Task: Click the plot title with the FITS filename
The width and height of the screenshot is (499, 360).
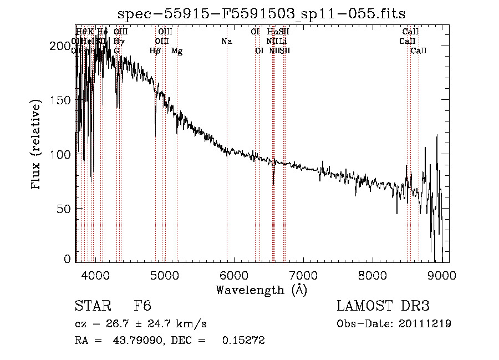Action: click(261, 14)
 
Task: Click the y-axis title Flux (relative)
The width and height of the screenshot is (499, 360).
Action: click(37, 145)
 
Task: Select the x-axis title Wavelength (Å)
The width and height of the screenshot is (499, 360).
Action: click(261, 290)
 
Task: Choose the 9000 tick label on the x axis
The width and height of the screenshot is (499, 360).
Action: click(441, 275)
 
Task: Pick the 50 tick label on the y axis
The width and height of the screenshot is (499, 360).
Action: click(65, 208)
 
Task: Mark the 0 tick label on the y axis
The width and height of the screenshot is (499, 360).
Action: click(68, 259)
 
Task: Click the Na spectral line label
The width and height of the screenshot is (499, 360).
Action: click(226, 41)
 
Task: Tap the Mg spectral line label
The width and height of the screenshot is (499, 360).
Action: click(177, 51)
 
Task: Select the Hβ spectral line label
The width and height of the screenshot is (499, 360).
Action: click(155, 51)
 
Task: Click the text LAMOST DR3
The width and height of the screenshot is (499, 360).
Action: click(383, 307)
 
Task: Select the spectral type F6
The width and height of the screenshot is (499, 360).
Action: click(142, 307)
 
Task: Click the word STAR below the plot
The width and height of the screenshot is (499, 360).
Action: click(93, 307)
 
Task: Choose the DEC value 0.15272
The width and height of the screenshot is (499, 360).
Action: click(243, 341)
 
